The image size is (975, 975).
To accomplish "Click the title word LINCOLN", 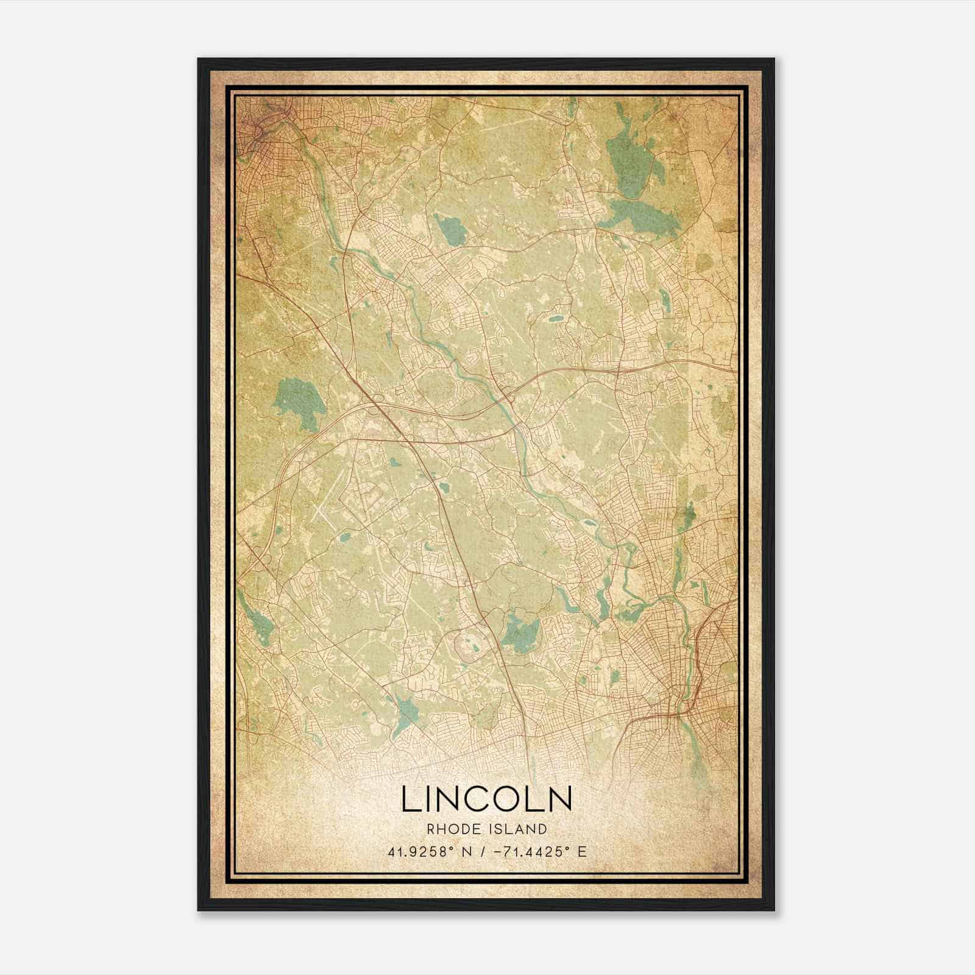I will [486, 799].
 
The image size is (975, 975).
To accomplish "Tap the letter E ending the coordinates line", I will [582, 851].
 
